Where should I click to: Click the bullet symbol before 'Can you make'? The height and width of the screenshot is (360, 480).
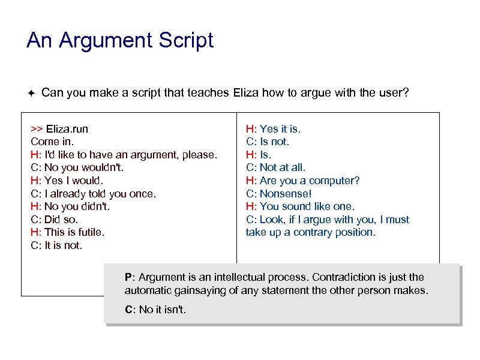point(32,93)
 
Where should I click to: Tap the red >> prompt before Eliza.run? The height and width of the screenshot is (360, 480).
point(37,129)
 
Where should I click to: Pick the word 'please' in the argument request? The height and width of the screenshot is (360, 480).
point(200,155)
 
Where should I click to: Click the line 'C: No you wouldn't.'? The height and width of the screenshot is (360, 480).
point(77,167)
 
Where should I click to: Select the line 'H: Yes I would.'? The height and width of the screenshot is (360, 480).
point(67,181)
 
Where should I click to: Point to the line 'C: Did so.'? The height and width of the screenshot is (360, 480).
point(54,220)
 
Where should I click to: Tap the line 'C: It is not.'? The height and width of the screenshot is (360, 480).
point(56,245)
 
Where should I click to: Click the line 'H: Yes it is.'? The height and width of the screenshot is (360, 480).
point(273,128)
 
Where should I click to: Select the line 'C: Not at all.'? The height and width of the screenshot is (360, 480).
point(275,167)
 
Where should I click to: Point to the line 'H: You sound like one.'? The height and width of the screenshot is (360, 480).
point(300,206)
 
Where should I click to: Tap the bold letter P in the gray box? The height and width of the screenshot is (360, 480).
point(128,277)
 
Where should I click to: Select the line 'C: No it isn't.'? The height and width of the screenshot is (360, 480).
point(155,310)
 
